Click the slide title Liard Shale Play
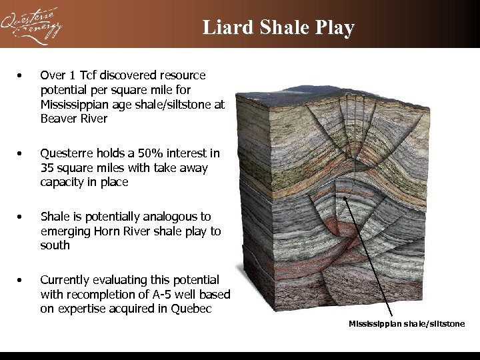point(279,27)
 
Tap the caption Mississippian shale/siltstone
point(407,324)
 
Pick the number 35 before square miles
point(47,168)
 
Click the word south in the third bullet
point(55,245)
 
